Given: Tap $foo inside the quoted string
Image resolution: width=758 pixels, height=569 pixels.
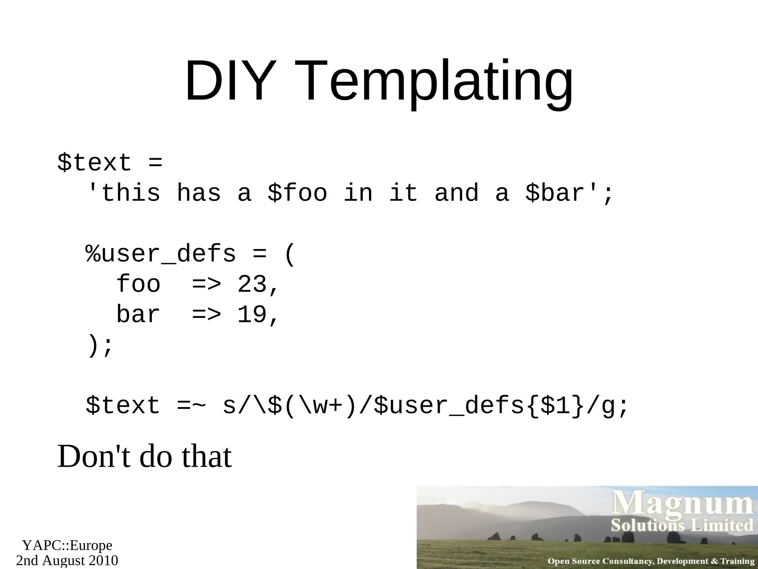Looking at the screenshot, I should tap(298, 193).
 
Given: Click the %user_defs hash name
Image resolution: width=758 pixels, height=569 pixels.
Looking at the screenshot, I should tap(161, 254).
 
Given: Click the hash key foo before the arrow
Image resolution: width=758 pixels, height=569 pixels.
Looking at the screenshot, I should tap(138, 285).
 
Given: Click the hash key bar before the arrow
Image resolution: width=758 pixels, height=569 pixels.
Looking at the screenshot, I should tap(138, 315).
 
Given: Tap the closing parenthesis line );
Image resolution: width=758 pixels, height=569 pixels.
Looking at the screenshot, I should tap(99, 346).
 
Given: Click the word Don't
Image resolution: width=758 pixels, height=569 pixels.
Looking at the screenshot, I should tap(94, 457).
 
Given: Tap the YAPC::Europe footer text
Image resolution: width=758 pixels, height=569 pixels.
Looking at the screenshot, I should tap(67, 546).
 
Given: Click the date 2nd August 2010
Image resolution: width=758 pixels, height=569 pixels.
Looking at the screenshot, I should tap(67, 560).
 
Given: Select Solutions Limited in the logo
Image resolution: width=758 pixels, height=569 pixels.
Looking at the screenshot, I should tap(682, 526).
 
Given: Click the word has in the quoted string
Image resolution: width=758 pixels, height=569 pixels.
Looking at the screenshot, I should tap(199, 193).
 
